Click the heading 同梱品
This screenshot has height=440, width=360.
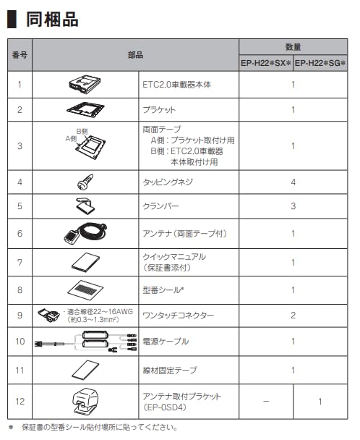52,20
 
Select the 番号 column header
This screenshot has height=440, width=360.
19,54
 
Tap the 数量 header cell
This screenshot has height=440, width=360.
293,46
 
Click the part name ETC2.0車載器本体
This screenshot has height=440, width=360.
178,85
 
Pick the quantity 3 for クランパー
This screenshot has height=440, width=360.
293,206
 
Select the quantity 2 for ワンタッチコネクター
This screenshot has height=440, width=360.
293,316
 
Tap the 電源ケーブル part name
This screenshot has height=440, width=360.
167,341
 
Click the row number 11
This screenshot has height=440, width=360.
19,369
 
